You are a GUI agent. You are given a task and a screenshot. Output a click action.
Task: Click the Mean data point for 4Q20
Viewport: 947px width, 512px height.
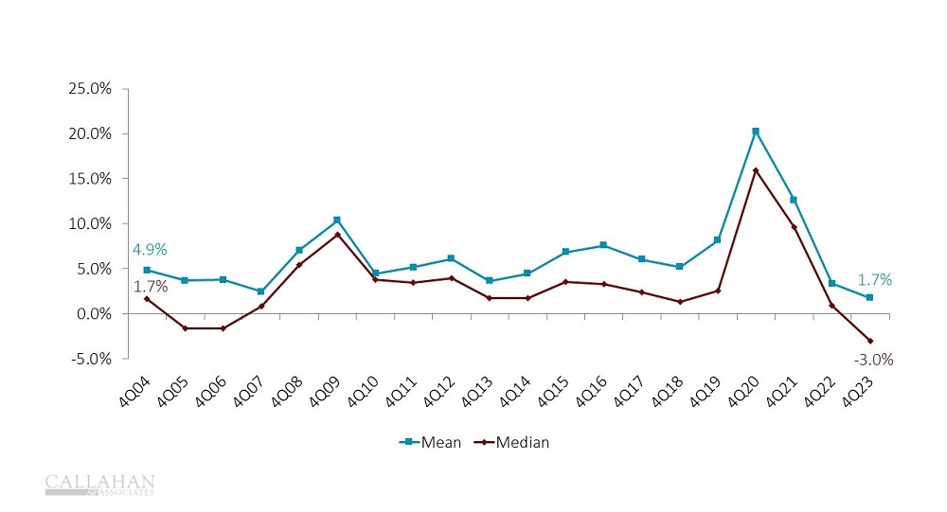(x=755, y=132)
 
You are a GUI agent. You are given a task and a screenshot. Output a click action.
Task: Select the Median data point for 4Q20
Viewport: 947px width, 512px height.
(x=755, y=170)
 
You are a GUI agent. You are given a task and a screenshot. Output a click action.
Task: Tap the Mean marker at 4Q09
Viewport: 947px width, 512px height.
(x=337, y=220)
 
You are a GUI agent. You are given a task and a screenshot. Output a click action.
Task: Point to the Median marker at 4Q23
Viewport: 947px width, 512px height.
(x=869, y=341)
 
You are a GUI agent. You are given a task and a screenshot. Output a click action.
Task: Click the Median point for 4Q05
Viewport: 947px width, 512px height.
(x=185, y=328)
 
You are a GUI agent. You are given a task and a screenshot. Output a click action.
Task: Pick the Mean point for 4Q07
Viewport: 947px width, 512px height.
(x=260, y=291)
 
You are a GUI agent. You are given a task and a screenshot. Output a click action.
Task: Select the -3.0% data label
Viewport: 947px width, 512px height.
(x=872, y=360)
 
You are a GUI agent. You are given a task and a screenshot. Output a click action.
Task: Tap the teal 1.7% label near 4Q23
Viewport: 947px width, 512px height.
(x=874, y=279)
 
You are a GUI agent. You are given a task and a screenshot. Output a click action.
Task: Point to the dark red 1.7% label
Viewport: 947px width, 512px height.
(x=149, y=286)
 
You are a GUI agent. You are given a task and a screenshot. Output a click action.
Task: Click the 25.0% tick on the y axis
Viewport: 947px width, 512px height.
(x=90, y=89)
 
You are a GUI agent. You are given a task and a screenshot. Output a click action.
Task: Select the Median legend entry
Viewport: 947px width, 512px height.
(x=510, y=442)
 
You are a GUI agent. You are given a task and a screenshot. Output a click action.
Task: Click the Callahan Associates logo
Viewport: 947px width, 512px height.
(x=99, y=485)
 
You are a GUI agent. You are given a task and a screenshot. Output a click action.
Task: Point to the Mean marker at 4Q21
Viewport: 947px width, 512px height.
(x=794, y=200)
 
